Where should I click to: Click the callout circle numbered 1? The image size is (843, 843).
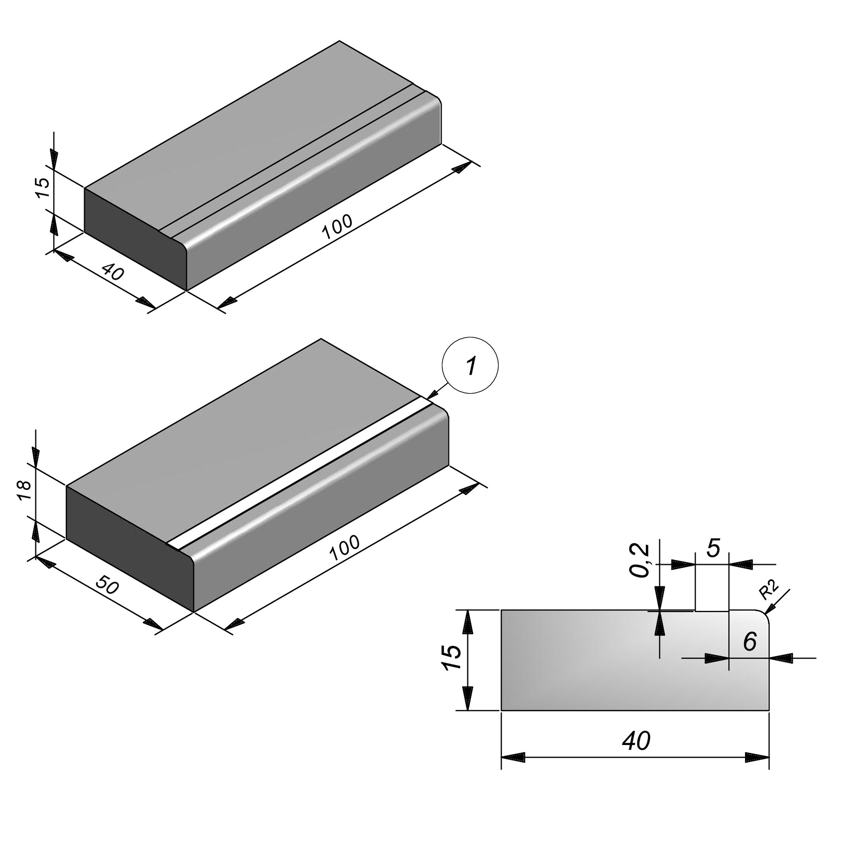(x=470, y=365)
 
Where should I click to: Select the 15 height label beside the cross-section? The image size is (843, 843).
(x=452, y=657)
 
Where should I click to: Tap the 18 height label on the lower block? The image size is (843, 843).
(x=24, y=491)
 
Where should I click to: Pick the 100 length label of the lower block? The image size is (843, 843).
(x=345, y=548)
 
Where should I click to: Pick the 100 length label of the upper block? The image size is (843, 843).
(x=337, y=227)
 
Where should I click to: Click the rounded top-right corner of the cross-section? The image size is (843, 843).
(x=765, y=615)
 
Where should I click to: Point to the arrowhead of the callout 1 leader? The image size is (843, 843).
(x=431, y=396)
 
